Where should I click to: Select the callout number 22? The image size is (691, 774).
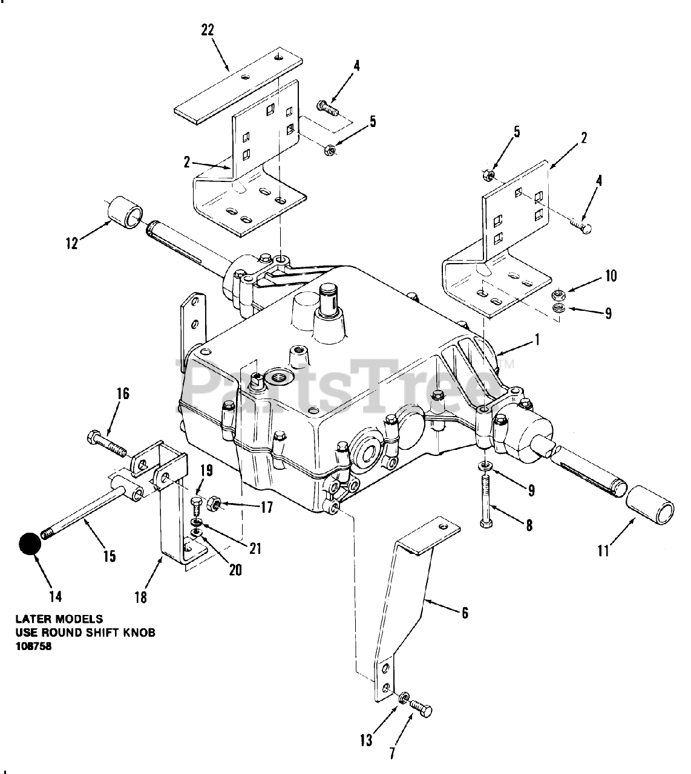208,30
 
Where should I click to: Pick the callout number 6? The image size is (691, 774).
464,613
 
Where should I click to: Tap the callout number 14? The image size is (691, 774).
56,596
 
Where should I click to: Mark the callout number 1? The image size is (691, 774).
535,340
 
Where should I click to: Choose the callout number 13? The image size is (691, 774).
366,740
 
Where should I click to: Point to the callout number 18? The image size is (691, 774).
140,597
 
